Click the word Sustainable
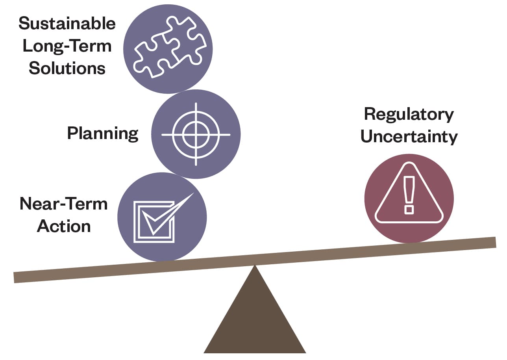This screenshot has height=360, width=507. (67, 24)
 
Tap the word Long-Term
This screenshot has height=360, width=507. (67, 46)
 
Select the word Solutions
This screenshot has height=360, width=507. (67, 68)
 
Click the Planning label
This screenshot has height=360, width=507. (103, 134)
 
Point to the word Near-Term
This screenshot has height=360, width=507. (63, 204)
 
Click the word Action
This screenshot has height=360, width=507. (64, 226)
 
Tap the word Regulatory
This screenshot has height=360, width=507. (409, 114)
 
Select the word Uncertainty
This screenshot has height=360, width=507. (409, 137)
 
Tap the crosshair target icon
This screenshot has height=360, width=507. (196, 134)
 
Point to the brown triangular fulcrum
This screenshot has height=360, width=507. (255, 319)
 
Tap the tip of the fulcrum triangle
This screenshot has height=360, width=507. (255, 266)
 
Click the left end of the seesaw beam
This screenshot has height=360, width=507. (16, 277)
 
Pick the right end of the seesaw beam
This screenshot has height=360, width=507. (494, 242)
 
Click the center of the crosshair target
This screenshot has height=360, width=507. (196, 134)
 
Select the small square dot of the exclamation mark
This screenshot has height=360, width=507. (409, 209)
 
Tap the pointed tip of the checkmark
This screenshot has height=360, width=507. (193, 193)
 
